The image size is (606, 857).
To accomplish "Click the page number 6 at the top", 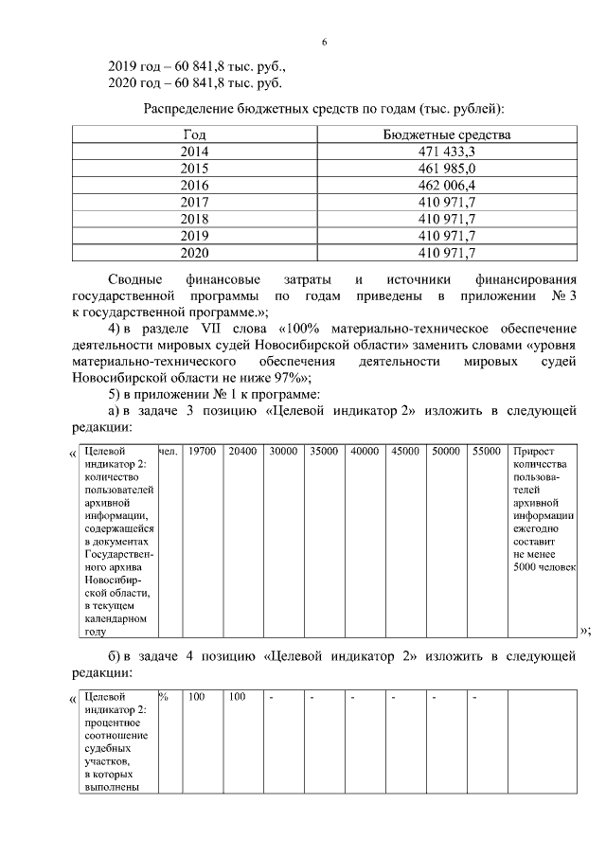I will (x=324, y=43).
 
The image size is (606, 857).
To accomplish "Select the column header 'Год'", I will (x=194, y=134).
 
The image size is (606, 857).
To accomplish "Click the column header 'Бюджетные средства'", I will (x=446, y=134).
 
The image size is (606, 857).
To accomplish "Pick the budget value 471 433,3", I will (x=446, y=152).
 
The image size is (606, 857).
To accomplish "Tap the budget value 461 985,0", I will (x=446, y=169).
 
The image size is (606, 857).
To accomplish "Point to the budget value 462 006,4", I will (x=446, y=186).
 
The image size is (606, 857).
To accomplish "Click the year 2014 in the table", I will (x=194, y=152).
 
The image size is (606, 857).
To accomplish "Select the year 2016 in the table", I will (x=194, y=186).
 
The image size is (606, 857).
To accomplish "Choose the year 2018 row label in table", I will (x=194, y=219).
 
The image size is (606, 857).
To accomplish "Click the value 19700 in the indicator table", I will (x=201, y=452).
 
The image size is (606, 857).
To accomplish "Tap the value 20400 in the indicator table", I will (x=241, y=452).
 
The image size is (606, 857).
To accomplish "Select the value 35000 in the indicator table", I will (x=324, y=452).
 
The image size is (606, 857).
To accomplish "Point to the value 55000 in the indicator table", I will (x=486, y=452).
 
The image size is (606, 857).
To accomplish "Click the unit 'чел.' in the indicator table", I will (x=169, y=452).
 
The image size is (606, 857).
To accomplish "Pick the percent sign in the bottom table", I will (x=164, y=697).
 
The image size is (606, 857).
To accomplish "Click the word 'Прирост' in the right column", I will (x=532, y=452).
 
